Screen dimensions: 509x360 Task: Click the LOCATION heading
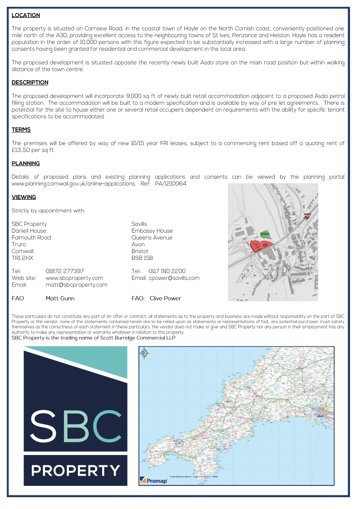pos(25,15)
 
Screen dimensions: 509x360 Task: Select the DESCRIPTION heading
pos(30,83)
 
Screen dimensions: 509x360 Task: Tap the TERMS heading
pos(21,130)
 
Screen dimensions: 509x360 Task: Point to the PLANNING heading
pos(25,163)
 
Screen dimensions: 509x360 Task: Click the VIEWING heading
pos(24,197)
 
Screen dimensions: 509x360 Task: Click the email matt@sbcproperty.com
pos(76,284)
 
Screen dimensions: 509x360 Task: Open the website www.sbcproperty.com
pos(74,278)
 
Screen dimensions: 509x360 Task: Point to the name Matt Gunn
pos(60,298)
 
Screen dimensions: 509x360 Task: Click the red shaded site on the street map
pos(261,246)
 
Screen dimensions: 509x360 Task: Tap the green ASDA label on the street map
pos(265,234)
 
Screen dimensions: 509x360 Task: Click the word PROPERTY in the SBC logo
pos(75,470)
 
